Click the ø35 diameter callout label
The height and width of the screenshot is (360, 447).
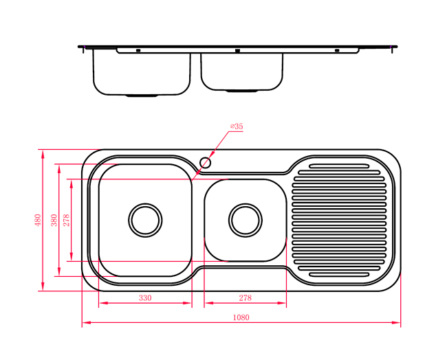pos(237,126)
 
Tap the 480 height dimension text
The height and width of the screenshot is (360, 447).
pos(38,220)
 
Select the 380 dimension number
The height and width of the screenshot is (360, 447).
pos(54,220)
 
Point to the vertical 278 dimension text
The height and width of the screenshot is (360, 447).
pos(66,220)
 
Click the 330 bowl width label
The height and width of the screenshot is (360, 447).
pos(145,298)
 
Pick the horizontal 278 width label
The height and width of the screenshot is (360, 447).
pos(246,298)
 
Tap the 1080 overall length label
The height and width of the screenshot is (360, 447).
pos(241,317)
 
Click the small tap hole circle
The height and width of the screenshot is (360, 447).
pos(205,163)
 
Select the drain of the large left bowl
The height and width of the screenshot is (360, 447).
pos(145,220)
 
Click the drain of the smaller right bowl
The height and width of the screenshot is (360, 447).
pos(246,220)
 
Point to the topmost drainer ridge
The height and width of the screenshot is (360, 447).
pos(339,166)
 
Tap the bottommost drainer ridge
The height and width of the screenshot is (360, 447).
pos(339,275)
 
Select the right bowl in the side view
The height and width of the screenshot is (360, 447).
pos(242,71)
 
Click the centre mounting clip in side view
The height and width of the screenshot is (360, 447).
pos(237,51)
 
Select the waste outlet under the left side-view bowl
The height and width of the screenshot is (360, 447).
pos(142,96)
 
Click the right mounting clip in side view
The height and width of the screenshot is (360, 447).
pos(337,51)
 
